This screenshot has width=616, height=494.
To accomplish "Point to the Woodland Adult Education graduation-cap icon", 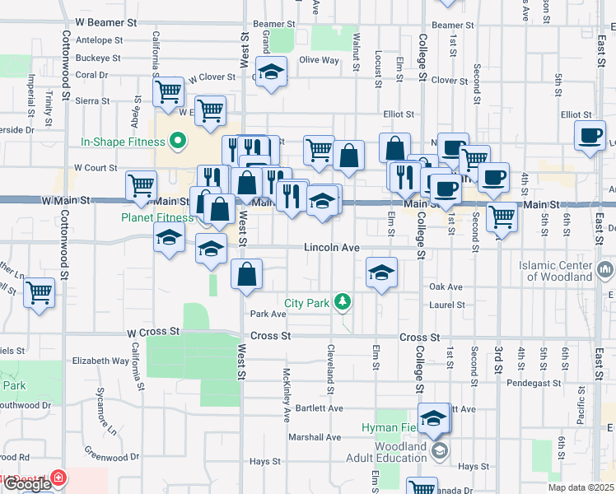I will [x=440, y=450].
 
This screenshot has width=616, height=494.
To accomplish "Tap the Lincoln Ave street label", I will [x=332, y=247].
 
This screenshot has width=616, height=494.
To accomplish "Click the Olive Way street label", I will [x=319, y=60].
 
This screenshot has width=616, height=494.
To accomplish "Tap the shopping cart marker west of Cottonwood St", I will [x=40, y=292].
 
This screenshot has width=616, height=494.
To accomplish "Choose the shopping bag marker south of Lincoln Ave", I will [x=247, y=274].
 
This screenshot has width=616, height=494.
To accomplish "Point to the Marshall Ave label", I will [x=321, y=437].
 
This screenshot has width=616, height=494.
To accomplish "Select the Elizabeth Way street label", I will [x=100, y=361].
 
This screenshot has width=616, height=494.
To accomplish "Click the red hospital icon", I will [x=58, y=478].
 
